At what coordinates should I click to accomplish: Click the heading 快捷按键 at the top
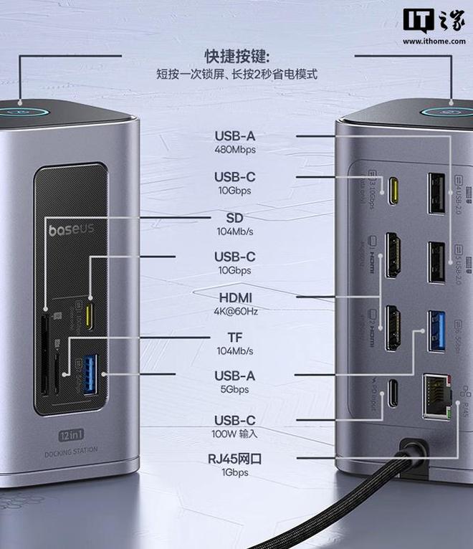(231, 57)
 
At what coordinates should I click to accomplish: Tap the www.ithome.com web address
(434, 42)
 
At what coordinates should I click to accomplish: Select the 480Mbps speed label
(234, 150)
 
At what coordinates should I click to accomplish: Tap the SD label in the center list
(234, 218)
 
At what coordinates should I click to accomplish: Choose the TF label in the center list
(234, 337)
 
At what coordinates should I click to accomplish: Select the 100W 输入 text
(234, 434)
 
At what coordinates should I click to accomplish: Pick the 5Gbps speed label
(234, 389)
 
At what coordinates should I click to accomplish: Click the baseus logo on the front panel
(72, 230)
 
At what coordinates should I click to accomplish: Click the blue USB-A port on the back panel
(435, 331)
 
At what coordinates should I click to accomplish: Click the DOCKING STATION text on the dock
(72, 452)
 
